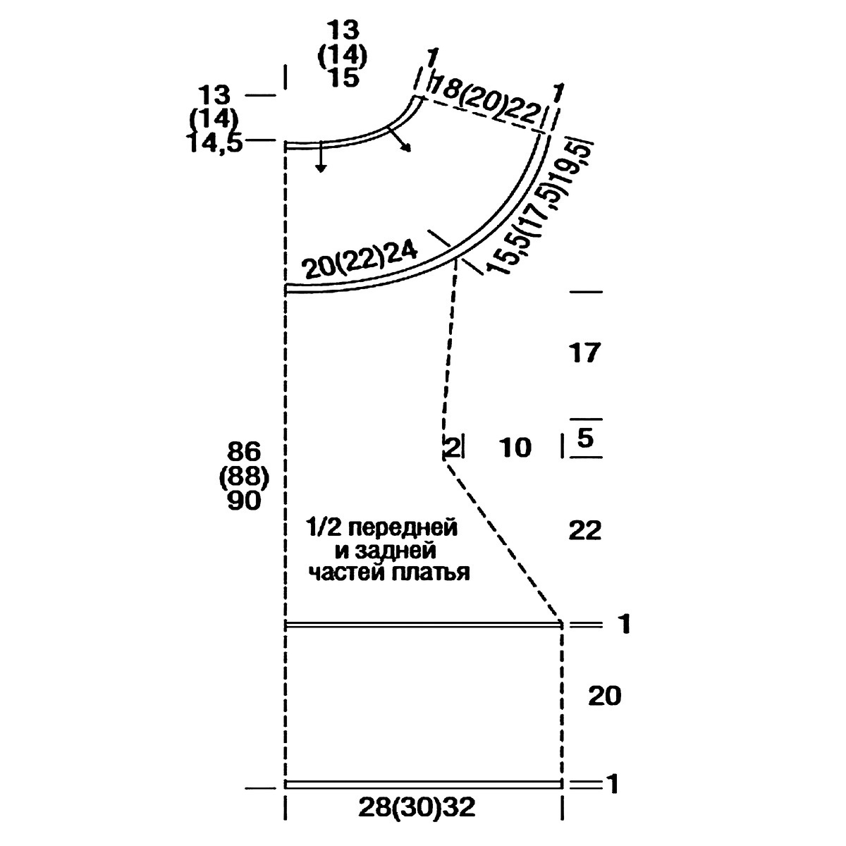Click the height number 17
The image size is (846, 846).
tap(584, 353)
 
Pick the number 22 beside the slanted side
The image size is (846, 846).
tap(584, 530)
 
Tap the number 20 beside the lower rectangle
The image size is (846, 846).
tap(604, 696)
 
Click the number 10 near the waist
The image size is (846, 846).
tap(515, 448)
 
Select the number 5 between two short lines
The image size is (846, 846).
tap(586, 438)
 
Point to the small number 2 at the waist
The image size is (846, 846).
tap(452, 448)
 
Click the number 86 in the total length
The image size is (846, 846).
tap(244, 452)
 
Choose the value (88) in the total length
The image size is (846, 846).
tap(244, 477)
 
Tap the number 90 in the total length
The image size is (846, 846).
tap(244, 501)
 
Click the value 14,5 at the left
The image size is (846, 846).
tap(216, 142)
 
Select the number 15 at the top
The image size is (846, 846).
tap(343, 78)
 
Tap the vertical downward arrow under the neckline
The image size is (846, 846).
tap(321, 157)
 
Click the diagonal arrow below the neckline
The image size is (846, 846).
tap(399, 140)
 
